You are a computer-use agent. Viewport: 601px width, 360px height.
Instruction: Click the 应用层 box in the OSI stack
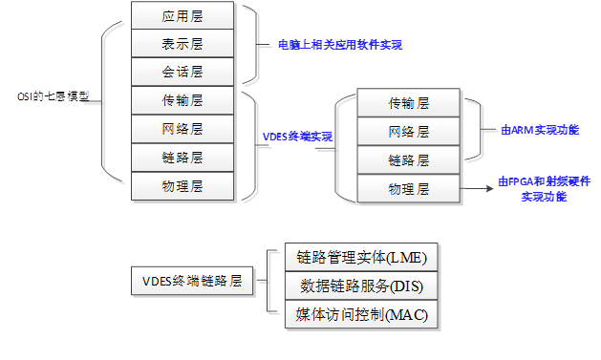click(182, 15)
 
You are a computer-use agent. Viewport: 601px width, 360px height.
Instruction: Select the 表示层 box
click(182, 44)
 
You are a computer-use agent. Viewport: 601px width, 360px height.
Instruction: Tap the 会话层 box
click(182, 72)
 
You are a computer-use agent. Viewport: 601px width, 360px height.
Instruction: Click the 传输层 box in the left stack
click(182, 100)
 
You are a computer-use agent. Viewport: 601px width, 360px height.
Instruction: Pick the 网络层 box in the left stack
click(182, 128)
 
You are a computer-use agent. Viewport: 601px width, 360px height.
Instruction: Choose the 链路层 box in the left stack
click(182, 157)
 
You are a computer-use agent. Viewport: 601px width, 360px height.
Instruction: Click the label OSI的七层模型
click(53, 96)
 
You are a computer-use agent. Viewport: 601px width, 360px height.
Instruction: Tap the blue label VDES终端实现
click(297, 137)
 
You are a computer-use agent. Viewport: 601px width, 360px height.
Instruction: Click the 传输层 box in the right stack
click(408, 103)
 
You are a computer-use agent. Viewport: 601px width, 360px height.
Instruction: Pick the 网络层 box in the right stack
click(408, 131)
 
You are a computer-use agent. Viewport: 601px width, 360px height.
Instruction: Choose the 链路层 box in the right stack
click(408, 159)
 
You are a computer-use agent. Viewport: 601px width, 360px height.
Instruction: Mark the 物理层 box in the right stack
click(408, 188)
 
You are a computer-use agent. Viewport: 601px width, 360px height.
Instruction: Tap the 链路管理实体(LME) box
click(361, 258)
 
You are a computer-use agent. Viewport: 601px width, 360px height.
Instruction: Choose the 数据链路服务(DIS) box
click(361, 286)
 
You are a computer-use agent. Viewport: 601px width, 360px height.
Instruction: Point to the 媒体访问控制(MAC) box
click(361, 313)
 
